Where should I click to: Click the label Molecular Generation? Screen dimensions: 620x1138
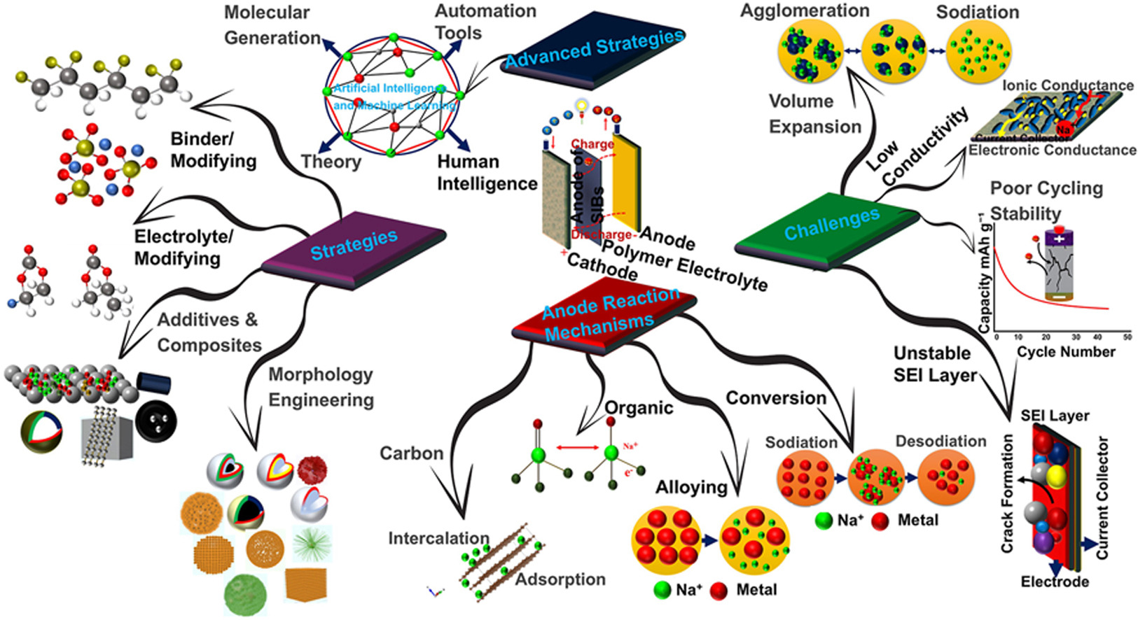pyautogui.click(x=271, y=24)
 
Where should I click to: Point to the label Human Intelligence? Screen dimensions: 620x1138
pyautogui.click(x=487, y=172)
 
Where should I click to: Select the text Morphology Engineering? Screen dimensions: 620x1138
pyautogui.click(x=321, y=387)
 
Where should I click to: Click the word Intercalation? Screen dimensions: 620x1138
pyautogui.click(x=438, y=538)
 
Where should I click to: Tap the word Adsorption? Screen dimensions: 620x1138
pyautogui.click(x=560, y=579)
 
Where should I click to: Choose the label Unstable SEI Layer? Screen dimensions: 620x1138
pyautogui.click(x=934, y=364)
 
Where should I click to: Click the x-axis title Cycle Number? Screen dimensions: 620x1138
pyautogui.click(x=1066, y=352)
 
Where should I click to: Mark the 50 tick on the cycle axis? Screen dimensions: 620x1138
pyautogui.click(x=1127, y=337)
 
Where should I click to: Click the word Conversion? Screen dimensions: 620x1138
pyautogui.click(x=776, y=398)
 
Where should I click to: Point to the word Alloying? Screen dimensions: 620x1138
pyautogui.click(x=691, y=487)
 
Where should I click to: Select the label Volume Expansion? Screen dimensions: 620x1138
pyautogui.click(x=814, y=114)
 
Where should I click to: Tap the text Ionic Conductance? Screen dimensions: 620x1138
pyautogui.click(x=1068, y=85)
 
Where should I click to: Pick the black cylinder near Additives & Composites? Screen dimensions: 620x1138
pyautogui.click(x=153, y=382)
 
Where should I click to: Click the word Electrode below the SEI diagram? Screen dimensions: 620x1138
pyautogui.click(x=1055, y=582)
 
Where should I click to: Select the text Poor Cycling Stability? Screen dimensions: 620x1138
pyautogui.click(x=1046, y=201)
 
